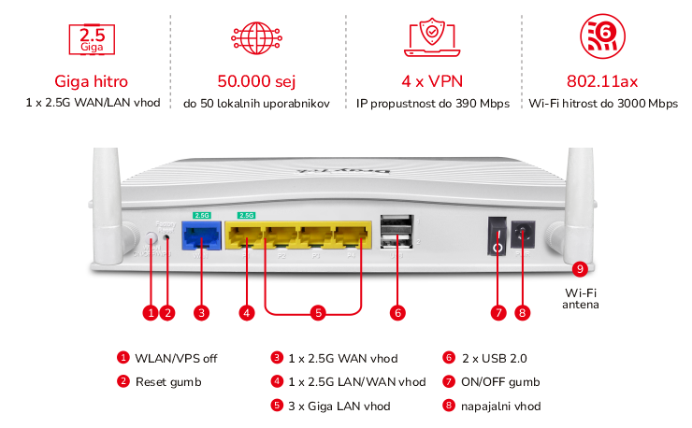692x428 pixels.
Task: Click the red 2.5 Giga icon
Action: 93,39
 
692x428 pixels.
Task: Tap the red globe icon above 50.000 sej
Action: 255,39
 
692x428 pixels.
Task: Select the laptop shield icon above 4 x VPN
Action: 431,39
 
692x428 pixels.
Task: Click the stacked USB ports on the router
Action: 397,235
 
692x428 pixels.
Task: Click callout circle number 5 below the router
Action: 318,313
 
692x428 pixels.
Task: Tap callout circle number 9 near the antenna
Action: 581,269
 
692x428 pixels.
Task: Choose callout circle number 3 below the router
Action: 200,313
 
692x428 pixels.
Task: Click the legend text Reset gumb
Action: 167,381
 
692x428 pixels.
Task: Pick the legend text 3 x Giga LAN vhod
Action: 339,406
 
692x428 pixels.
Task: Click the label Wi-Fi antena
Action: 581,298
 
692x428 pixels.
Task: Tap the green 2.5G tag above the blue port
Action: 201,215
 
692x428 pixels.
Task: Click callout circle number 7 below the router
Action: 497,313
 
